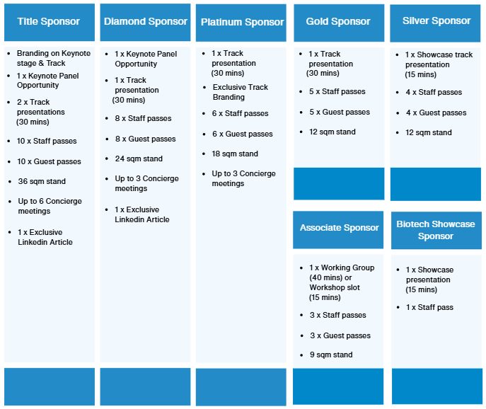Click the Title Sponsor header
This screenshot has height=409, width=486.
point(49,21)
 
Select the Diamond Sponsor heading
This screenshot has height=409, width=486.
point(146,21)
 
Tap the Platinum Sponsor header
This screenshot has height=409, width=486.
point(242,22)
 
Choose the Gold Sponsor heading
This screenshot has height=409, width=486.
point(339,21)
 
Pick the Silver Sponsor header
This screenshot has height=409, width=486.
point(436,21)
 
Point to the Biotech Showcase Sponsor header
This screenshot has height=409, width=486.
point(436,230)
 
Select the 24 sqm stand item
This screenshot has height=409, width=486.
point(139,159)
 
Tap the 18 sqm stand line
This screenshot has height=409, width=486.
point(235,154)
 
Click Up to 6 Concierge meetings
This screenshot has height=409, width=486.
point(50,206)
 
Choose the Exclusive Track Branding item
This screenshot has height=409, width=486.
point(241,92)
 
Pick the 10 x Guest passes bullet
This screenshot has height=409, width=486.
point(50,161)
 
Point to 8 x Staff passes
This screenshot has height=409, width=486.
point(143,118)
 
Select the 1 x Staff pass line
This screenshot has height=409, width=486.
point(429,307)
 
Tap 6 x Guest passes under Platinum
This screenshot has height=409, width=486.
point(242,134)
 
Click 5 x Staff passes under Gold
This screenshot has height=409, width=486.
point(337,92)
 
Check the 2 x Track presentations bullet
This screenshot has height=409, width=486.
point(42,112)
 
